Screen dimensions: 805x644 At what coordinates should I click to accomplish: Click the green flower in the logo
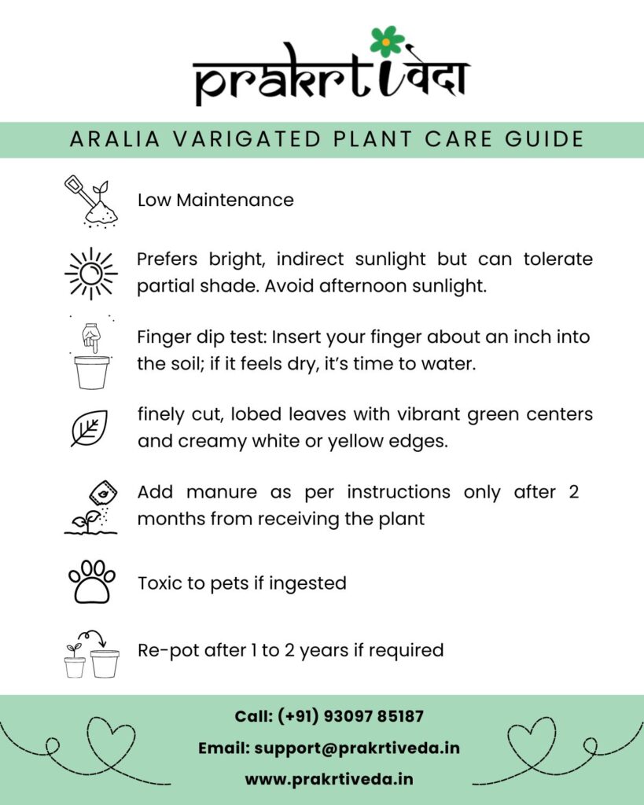click(x=387, y=41)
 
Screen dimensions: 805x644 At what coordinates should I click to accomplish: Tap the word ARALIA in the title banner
click(x=112, y=139)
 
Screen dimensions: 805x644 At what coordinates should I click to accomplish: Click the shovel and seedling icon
click(x=90, y=201)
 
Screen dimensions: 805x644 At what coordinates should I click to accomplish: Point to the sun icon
click(x=90, y=273)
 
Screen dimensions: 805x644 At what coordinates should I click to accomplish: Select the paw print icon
click(x=92, y=581)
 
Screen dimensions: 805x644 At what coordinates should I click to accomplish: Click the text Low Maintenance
click(x=215, y=200)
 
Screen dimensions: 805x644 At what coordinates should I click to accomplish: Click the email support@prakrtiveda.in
click(x=357, y=748)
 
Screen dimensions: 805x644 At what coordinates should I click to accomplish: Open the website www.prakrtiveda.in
click(x=329, y=779)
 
